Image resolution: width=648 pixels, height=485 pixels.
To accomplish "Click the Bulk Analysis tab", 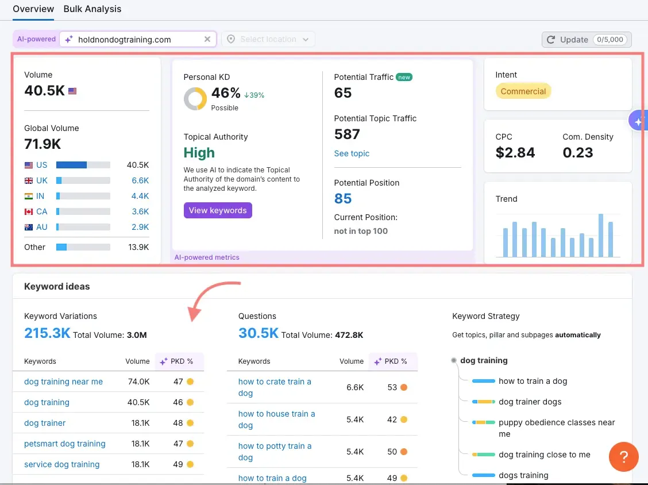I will pos(92,9).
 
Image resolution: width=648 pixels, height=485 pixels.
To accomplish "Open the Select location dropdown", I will pos(268,39).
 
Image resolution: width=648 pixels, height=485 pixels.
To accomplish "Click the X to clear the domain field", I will pos(207,39).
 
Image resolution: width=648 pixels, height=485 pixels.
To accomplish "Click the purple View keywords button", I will pos(218,210).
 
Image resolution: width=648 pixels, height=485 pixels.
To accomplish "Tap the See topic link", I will pos(352,153).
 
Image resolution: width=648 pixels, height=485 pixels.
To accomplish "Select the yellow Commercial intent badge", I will pos(523,91).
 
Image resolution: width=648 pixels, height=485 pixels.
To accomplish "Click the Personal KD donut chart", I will pos(195,99).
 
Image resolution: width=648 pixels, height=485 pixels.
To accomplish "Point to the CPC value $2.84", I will pos(515,153).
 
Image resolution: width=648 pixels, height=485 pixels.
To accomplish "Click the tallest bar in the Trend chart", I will pos(601,236).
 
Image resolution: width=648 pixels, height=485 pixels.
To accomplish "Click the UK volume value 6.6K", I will pos(140,180).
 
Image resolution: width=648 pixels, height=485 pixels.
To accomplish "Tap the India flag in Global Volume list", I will pos(29,196).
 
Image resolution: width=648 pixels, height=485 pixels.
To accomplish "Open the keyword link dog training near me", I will pos(63,382).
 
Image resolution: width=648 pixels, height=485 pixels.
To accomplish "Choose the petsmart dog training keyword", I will pos(65,444).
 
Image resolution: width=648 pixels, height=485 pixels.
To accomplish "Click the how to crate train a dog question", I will pos(275,387).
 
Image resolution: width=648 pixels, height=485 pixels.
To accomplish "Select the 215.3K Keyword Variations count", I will pos(47,333).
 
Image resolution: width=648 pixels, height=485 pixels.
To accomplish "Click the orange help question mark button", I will pos(623,457).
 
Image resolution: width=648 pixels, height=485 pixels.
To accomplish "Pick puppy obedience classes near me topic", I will pos(556,428).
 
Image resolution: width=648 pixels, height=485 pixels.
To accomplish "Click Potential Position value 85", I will pos(343,199).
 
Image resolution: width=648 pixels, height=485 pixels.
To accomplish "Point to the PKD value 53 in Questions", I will pos(392,387).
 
